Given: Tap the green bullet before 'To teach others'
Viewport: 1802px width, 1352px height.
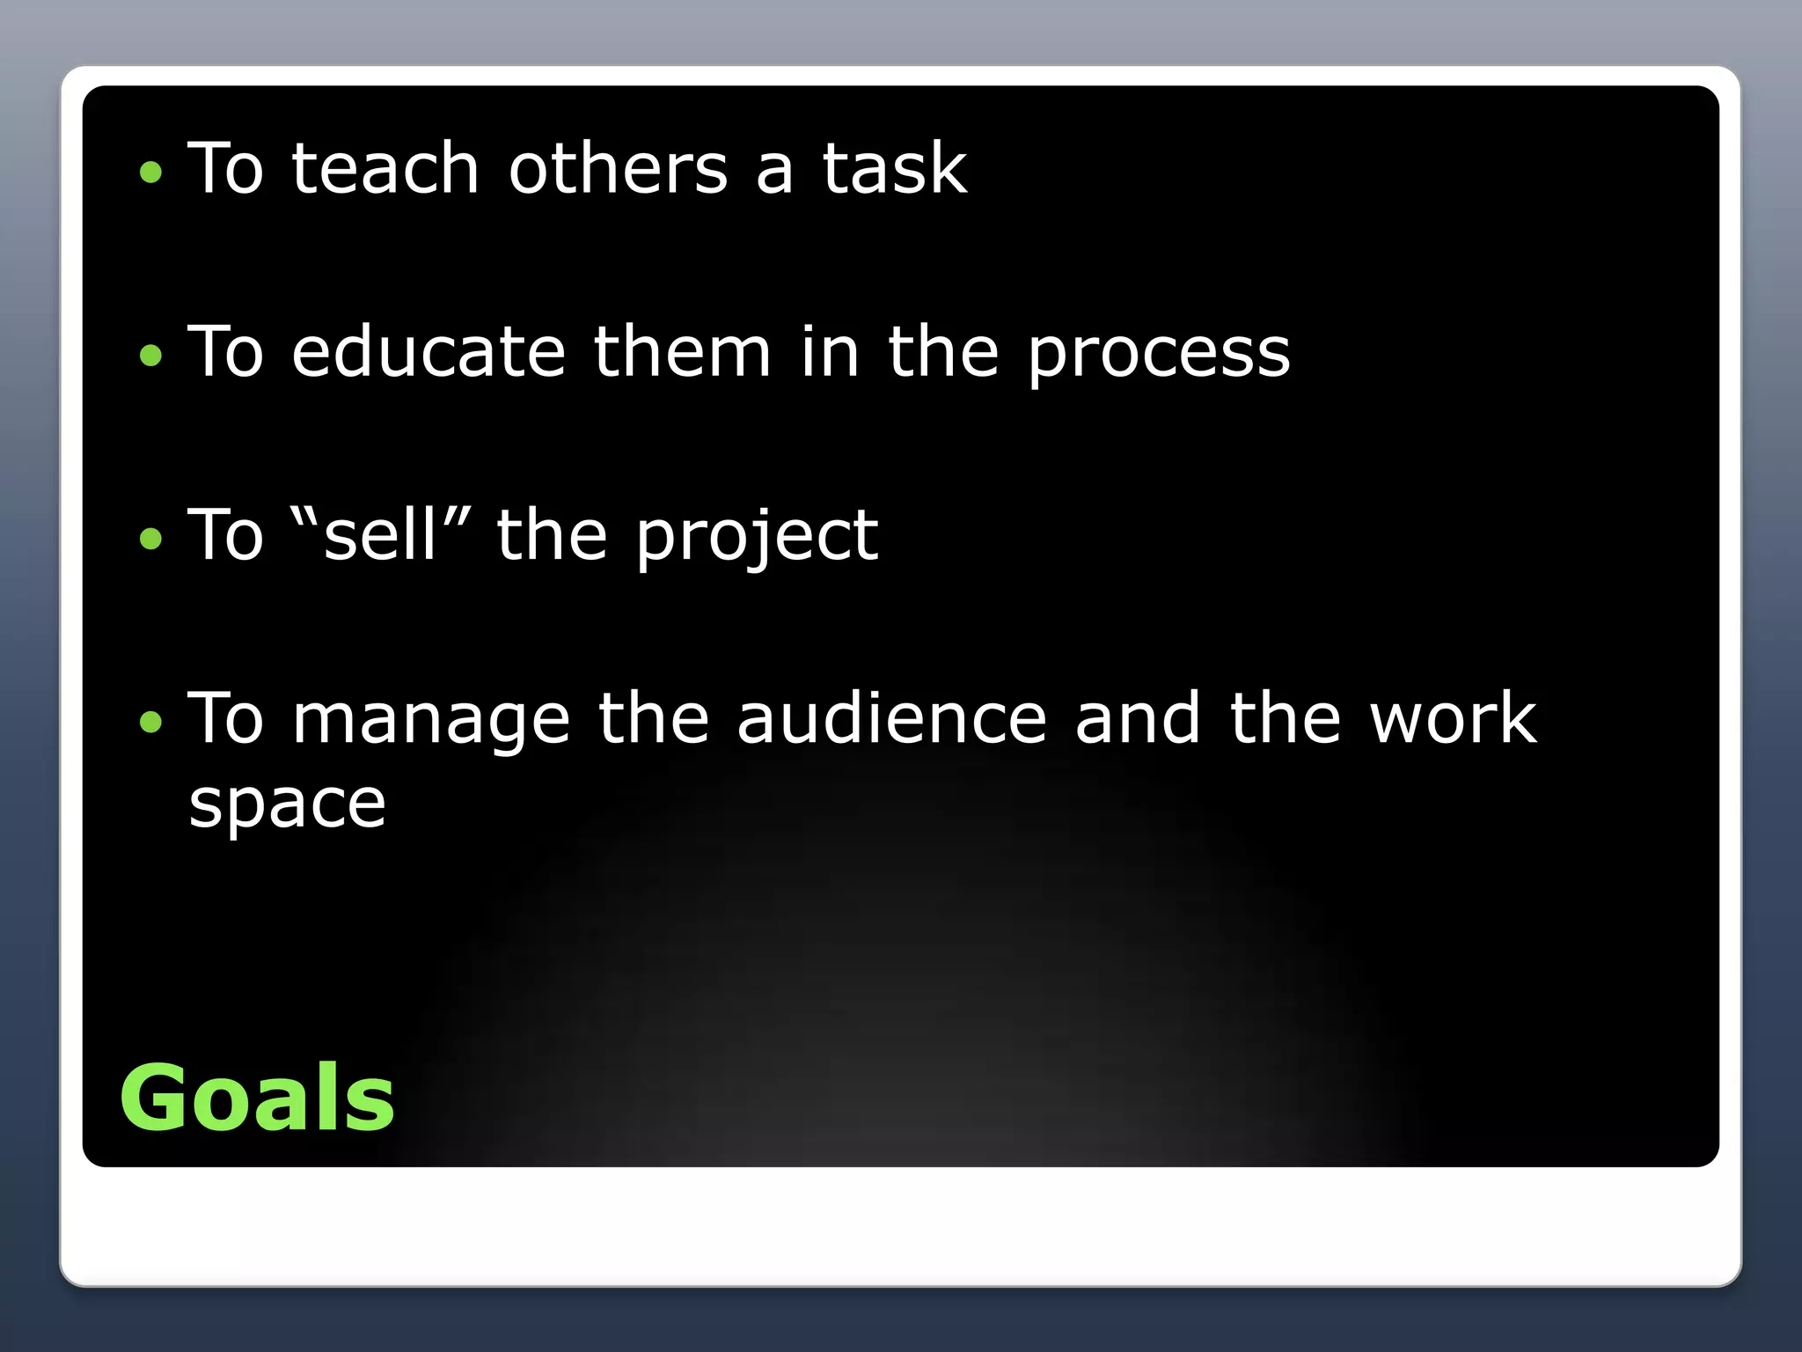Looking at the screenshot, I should [151, 172].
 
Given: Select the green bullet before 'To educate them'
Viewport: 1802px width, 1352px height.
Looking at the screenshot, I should [151, 355].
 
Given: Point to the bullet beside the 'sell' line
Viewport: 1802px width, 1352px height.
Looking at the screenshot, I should [151, 538].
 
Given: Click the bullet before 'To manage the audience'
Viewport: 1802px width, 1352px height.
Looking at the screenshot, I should [151, 722].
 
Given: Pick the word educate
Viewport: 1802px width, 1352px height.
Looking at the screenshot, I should [428, 351].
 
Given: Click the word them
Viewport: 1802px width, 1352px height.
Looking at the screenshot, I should [682, 351].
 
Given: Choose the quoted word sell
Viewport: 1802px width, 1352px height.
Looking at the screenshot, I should [380, 534].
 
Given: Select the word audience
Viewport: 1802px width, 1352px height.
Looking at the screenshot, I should [891, 718].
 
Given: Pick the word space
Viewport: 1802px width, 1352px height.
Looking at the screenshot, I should [288, 805].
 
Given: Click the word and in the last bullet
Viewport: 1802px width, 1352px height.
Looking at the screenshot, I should [1137, 718].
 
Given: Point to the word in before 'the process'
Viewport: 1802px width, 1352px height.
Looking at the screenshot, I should [829, 351].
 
